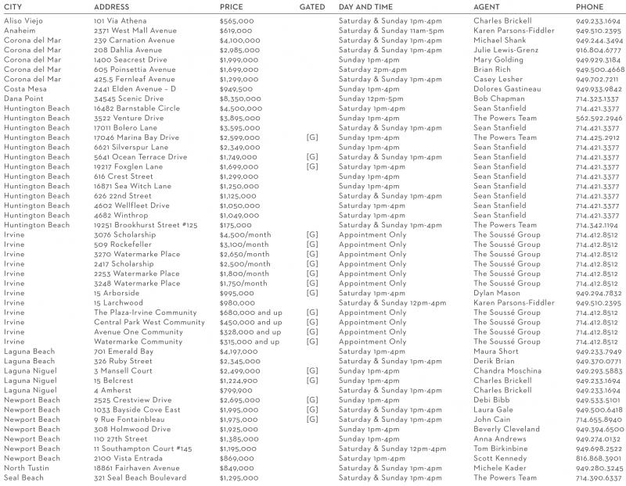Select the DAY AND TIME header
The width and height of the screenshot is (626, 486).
click(x=365, y=7)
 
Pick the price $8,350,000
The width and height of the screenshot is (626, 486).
click(x=240, y=99)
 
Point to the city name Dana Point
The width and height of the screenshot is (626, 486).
click(x=24, y=99)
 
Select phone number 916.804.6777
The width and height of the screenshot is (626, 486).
click(x=599, y=50)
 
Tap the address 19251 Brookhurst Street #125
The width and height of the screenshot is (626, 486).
click(x=145, y=225)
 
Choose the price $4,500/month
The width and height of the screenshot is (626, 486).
click(x=245, y=234)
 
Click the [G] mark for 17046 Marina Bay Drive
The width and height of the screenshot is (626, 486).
click(x=312, y=138)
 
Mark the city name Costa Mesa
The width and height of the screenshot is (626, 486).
click(x=25, y=89)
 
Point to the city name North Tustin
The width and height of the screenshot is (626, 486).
click(x=27, y=468)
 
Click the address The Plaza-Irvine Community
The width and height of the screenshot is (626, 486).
click(x=146, y=313)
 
